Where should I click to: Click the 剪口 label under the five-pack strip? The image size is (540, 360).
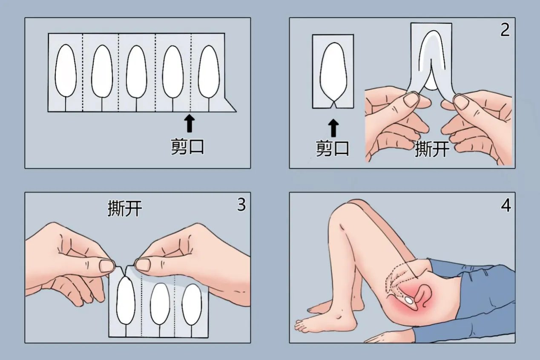tap(188, 147)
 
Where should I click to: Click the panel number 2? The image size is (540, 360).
tap(505, 30)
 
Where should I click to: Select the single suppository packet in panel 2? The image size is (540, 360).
tap(333, 70)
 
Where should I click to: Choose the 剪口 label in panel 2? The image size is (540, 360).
tap(333, 149)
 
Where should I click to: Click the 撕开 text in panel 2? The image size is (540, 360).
tap(432, 149)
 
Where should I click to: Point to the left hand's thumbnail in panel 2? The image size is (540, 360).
tap(411, 100)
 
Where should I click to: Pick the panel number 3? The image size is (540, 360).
tap(241, 205)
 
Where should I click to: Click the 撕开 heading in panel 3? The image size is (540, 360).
tap(124, 209)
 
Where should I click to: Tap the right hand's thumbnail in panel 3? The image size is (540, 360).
tap(143, 265)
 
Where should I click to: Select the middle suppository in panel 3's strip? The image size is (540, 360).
tap(160, 303)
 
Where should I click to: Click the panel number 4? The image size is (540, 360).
tap(506, 205)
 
